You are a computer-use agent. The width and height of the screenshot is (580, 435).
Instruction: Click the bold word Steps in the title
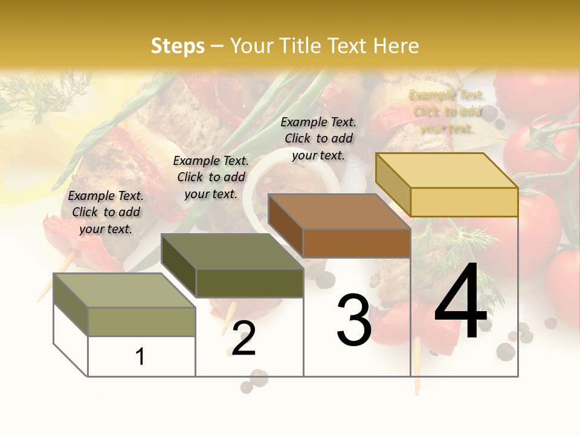pyautogui.click(x=178, y=46)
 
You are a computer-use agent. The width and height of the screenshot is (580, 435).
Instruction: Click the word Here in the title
pyautogui.click(x=396, y=46)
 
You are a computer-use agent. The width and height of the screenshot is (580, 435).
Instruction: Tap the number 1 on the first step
pyautogui.click(x=140, y=356)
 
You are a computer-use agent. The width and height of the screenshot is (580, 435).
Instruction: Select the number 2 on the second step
pyautogui.click(x=243, y=338)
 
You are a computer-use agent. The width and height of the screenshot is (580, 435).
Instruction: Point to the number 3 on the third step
pyautogui.click(x=354, y=320)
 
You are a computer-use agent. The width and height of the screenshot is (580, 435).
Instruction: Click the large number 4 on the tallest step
pyautogui.click(x=460, y=302)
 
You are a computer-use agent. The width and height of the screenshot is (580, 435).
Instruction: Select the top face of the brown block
pyautogui.click(x=338, y=211)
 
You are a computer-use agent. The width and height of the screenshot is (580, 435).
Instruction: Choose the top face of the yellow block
pyautogui.click(x=446, y=170)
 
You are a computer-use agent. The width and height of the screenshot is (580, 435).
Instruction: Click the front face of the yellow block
pyautogui.click(x=464, y=202)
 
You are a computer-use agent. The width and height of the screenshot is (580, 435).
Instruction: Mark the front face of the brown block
pyautogui.click(x=356, y=243)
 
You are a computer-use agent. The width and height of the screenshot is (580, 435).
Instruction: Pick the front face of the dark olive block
pyautogui.click(x=250, y=283)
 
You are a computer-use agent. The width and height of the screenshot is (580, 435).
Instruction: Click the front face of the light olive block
pyautogui.click(x=141, y=321)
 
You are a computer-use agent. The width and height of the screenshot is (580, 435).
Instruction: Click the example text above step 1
pyautogui.click(x=106, y=212)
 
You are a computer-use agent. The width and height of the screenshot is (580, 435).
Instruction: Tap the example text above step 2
pyautogui.click(x=211, y=177)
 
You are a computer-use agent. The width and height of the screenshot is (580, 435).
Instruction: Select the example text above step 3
pyautogui.click(x=318, y=138)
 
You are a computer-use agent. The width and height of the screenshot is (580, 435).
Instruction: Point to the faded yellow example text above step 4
pyautogui.click(x=446, y=111)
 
